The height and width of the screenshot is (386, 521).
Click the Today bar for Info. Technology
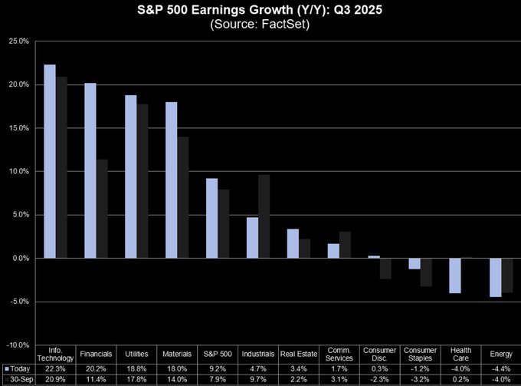point(50,161)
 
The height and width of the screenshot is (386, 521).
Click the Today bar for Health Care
point(454,275)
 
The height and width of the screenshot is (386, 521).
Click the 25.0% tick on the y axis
point(19,41)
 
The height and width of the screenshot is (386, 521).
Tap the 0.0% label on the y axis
point(20,259)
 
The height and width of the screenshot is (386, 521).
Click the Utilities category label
point(138,355)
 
